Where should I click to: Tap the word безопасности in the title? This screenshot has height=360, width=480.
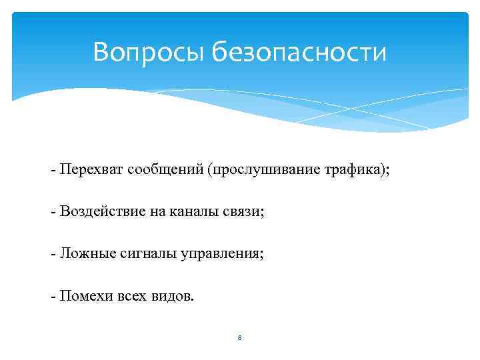click(299, 51)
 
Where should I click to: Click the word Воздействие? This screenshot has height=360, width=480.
click(97, 212)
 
